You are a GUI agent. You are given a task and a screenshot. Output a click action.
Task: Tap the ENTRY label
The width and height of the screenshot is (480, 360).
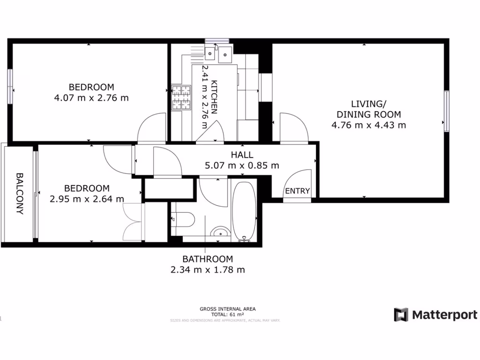click(x=297, y=191)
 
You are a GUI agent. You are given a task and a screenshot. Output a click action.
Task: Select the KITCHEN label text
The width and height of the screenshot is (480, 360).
click(x=214, y=97)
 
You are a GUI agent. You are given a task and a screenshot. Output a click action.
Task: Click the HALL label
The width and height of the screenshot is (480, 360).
click(x=241, y=155)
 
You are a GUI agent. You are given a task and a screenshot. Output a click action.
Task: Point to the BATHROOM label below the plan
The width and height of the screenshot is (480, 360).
click(x=207, y=259)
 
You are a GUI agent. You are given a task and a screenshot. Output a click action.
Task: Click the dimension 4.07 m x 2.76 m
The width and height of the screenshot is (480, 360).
click(x=91, y=98)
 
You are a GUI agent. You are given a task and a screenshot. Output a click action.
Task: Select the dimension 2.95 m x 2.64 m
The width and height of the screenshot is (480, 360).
click(x=87, y=199)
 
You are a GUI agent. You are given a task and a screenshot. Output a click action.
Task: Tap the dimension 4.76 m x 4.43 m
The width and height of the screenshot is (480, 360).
click(x=368, y=125)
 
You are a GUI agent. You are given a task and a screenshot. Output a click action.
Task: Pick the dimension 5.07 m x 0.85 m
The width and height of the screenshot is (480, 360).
click(x=241, y=165)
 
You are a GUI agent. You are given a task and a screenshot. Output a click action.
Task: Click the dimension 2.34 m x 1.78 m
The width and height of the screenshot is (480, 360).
click(x=207, y=270)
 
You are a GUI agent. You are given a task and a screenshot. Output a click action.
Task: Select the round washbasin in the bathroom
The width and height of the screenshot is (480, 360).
click(x=219, y=232)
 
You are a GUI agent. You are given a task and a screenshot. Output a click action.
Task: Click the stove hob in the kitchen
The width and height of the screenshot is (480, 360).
click(x=181, y=97)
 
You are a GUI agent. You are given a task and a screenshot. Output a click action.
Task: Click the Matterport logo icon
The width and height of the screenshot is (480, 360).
click(x=401, y=315)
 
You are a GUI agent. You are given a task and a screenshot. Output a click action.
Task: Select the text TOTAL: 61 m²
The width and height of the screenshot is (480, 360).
click(x=227, y=315)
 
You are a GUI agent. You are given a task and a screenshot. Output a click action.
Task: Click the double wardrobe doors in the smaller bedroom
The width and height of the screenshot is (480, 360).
click(x=132, y=221)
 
